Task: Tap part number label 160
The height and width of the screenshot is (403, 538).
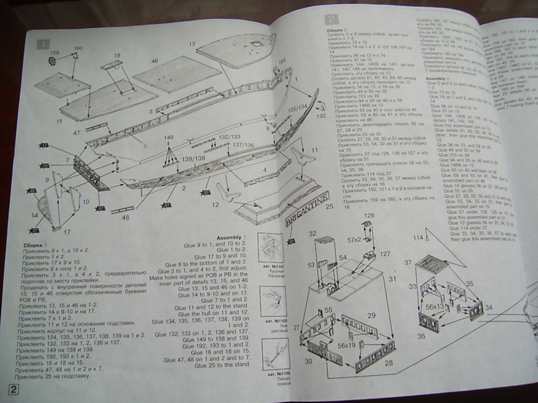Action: tap(78, 48)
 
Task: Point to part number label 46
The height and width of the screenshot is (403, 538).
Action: tap(154, 61)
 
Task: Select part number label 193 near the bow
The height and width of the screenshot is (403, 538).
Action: tap(282, 61)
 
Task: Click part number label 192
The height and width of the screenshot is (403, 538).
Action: tap(321, 116)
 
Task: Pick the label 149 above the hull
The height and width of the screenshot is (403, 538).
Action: tap(168, 137)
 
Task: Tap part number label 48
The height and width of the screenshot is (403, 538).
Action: tap(126, 217)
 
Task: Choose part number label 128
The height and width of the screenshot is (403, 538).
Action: tap(369, 216)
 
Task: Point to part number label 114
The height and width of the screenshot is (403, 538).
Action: tap(418, 238)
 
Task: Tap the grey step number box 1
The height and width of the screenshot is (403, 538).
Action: tap(43, 44)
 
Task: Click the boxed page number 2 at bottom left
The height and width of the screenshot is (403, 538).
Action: tap(14, 389)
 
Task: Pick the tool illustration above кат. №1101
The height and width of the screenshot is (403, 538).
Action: tap(273, 247)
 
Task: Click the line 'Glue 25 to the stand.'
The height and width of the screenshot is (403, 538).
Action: tap(222, 365)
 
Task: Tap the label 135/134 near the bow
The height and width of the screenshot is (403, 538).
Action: tap(297, 108)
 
